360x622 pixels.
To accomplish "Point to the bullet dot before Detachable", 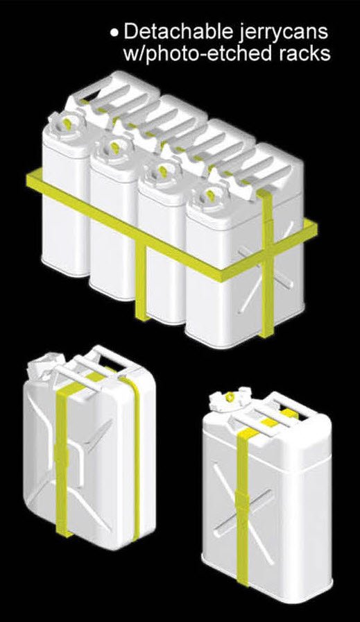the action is [114, 33].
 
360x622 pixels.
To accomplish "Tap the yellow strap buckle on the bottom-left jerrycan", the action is [60, 457].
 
